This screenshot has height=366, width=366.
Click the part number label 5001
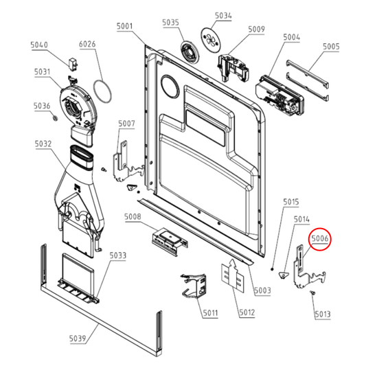125,26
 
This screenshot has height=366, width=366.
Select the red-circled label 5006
320,238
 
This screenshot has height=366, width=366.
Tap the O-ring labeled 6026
102,91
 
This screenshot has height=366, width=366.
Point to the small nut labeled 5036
55,118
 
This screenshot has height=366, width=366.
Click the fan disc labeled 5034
210,39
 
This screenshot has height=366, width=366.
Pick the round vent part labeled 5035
190,53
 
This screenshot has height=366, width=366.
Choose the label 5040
39,45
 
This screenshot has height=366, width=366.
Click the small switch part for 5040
73,64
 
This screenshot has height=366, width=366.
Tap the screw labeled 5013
312,293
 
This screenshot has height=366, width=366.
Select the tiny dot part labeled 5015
272,269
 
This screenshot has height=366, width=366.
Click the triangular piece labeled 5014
283,275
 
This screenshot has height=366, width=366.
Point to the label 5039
78,339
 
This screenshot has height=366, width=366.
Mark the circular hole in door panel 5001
170,87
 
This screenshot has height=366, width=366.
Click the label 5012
247,312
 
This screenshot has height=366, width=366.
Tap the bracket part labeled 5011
194,286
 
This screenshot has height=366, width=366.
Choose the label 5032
43,144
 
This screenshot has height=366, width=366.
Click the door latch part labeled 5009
233,67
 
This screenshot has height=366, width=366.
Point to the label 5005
331,47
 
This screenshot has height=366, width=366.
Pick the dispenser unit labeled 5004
279,95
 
